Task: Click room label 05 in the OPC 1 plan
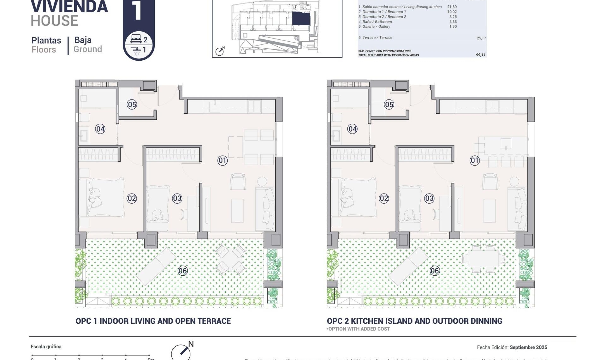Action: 132,105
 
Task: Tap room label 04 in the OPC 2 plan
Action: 352,129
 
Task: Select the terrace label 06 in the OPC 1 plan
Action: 182,271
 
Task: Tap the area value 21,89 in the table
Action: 452,7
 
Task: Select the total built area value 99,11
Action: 480,55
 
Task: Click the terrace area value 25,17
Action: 481,38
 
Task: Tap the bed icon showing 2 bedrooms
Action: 136,39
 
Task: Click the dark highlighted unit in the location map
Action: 300,19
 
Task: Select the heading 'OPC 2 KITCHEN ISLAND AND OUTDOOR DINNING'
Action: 414,321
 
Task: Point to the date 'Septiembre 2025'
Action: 528,347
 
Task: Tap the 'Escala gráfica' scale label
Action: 46,347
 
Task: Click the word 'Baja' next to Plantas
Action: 83,40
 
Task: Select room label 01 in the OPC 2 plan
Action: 474,160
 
